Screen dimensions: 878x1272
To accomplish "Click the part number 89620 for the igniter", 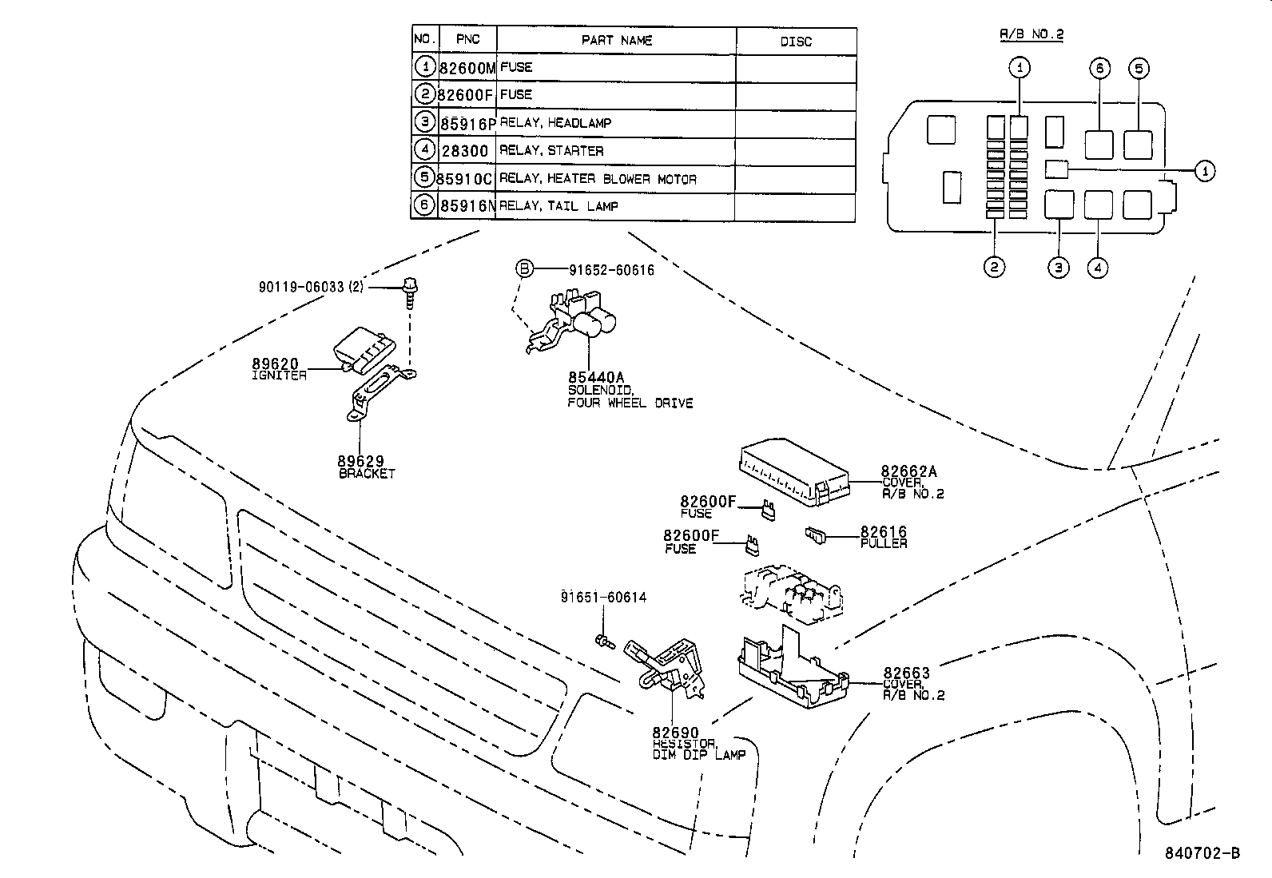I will click(275, 364).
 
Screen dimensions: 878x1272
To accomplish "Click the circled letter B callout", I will click(523, 269).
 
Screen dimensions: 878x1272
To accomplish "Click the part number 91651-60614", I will click(603, 597).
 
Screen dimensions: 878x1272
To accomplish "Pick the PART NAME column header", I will click(616, 40).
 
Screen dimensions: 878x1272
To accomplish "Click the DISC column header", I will click(795, 42).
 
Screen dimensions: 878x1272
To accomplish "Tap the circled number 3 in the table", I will click(424, 122).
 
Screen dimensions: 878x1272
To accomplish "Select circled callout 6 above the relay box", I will click(1099, 68).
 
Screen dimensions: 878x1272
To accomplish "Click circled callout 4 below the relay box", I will click(1097, 267).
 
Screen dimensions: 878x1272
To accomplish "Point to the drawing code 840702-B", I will click(1200, 852).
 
